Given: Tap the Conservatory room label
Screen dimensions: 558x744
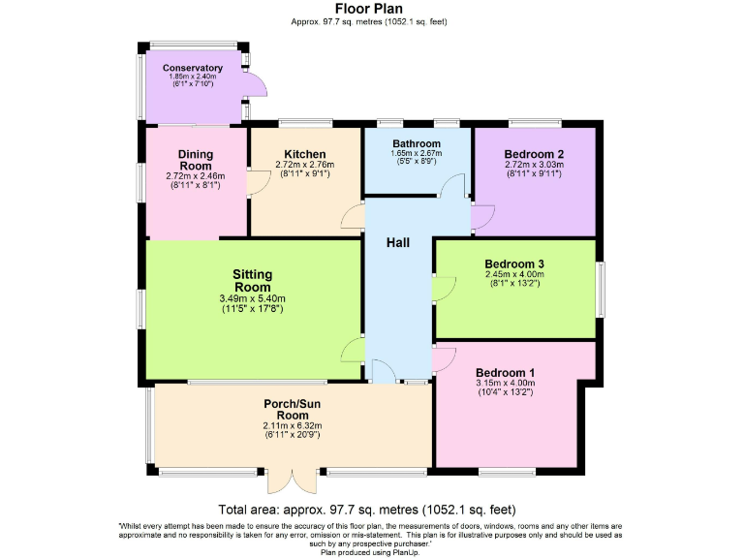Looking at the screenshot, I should (192, 68).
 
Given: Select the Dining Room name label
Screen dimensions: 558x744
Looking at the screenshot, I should (195, 160).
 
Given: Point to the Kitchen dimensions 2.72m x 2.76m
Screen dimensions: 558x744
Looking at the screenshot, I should (304, 166).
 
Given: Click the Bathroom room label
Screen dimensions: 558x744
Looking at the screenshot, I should (417, 143).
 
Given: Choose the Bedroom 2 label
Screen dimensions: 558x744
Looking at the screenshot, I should (534, 154).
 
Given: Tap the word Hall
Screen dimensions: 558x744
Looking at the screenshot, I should (397, 242).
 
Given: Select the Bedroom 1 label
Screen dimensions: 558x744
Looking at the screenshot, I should (505, 372).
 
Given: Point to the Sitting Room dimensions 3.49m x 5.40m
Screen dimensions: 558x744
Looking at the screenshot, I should (252, 298).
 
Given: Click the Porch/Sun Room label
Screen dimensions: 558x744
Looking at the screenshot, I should (292, 409).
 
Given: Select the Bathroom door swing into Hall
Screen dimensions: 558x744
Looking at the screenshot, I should (449, 188).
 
